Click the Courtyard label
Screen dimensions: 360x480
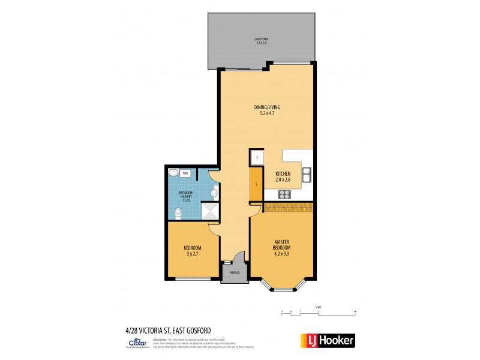(x=261, y=41)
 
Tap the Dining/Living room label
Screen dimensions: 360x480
(x=267, y=110)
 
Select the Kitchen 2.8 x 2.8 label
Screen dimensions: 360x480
(x=283, y=176)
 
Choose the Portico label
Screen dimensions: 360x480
(x=234, y=273)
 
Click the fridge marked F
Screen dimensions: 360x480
(x=257, y=157)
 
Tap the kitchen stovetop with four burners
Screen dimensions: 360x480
(x=284, y=194)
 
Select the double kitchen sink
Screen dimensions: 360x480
(x=307, y=175)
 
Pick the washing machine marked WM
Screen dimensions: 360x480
(x=185, y=173)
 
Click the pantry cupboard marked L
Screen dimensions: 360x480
(x=257, y=184)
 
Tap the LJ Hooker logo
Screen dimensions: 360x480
(x=327, y=340)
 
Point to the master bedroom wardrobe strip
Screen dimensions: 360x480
(x=287, y=206)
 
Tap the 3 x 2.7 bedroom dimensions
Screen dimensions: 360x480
(x=192, y=254)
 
